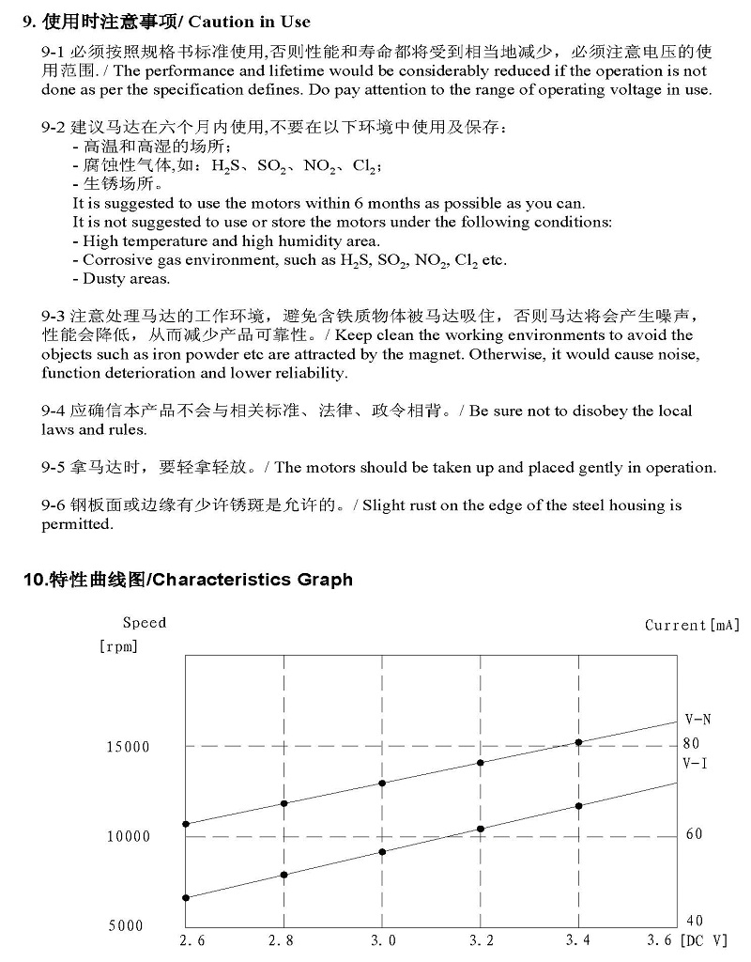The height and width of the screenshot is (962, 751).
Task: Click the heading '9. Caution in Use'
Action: [x=166, y=22]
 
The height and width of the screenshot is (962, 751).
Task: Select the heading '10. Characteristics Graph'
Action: [x=188, y=580]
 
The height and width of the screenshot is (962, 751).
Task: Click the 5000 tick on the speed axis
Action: [x=126, y=925]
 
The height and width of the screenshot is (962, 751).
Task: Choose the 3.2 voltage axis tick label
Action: [x=480, y=939]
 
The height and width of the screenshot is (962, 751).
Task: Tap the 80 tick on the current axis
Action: [x=692, y=743]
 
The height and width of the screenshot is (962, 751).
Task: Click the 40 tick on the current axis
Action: [x=694, y=921]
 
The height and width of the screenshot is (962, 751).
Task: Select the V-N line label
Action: [x=697, y=720]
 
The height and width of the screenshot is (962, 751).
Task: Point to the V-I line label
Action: [x=696, y=763]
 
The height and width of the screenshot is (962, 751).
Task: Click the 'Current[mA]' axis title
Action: [x=692, y=625]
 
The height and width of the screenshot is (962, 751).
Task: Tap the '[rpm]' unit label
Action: [x=118, y=645]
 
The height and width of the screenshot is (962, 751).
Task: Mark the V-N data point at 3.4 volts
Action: [x=578, y=742]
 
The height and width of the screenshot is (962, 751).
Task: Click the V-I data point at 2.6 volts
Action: [x=186, y=898]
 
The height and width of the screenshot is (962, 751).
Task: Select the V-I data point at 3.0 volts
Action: [x=382, y=852]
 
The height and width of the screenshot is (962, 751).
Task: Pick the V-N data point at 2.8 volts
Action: [x=284, y=803]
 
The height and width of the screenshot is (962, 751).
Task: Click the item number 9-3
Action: [x=53, y=316]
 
